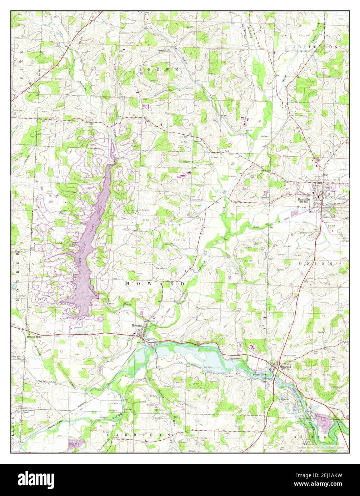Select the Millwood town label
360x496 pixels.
pos(286,366)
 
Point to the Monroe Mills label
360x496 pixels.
pos(34,336)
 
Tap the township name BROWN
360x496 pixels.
pos(159,69)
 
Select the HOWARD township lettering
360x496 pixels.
pos(155,284)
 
